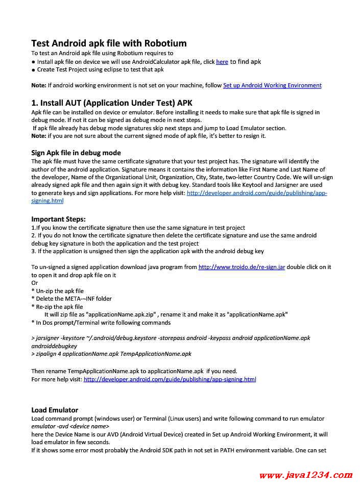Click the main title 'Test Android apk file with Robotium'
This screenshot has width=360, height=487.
(x=109, y=43)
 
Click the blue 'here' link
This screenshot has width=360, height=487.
(x=222, y=62)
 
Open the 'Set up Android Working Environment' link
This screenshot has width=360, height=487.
(x=272, y=85)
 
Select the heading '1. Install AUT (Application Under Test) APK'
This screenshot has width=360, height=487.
(x=112, y=103)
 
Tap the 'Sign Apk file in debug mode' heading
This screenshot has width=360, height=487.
(x=76, y=153)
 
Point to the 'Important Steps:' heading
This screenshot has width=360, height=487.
(x=58, y=219)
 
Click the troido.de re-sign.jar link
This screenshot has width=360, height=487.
(x=242, y=267)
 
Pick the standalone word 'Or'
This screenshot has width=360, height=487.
(x=35, y=283)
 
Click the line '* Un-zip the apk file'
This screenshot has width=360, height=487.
(x=57, y=291)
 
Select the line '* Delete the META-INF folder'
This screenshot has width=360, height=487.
(x=71, y=299)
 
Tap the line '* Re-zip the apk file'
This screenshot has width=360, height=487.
(x=57, y=307)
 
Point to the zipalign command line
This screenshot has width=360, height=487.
(x=111, y=354)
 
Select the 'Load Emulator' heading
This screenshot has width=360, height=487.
(x=55, y=410)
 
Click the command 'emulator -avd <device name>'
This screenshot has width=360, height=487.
(x=70, y=426)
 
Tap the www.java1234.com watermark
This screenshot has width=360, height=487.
(x=305, y=475)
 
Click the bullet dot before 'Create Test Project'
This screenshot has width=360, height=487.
(x=33, y=70)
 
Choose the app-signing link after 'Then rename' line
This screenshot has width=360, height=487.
(x=170, y=379)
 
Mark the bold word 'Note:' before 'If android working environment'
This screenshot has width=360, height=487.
(x=39, y=85)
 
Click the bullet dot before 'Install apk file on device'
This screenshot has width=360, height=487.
(x=33, y=62)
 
